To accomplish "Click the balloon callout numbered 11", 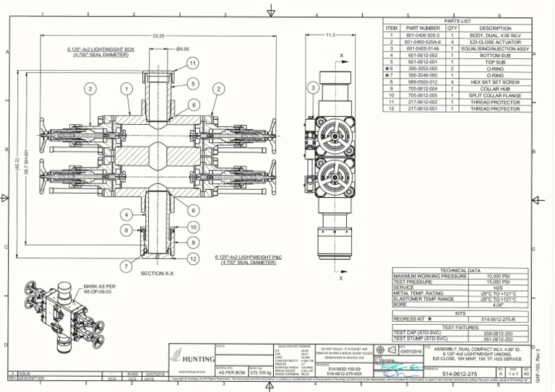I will click(192, 64).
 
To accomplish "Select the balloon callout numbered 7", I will click(126, 266).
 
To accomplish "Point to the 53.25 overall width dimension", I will click(159, 35).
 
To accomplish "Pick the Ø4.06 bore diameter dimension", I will click(183, 49).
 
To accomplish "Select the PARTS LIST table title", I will click(457, 22).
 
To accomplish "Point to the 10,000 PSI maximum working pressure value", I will click(498, 276).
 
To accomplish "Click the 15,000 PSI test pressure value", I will click(498, 282).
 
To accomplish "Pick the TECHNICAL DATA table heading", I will click(461, 270).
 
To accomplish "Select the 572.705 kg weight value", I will click(260, 374).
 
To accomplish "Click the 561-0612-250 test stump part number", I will click(498, 338).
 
